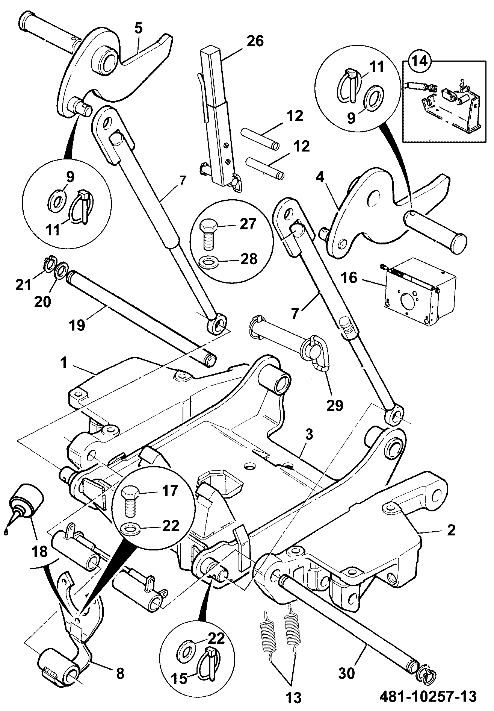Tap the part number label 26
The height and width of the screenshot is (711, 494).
coord(255,41)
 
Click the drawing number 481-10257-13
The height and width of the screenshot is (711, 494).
coord(428,696)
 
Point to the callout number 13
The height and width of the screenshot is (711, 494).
coord(293,697)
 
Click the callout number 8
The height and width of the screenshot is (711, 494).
coord(120,673)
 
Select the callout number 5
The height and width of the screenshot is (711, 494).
coord(139,29)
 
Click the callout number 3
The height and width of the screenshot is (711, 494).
coord(309,435)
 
